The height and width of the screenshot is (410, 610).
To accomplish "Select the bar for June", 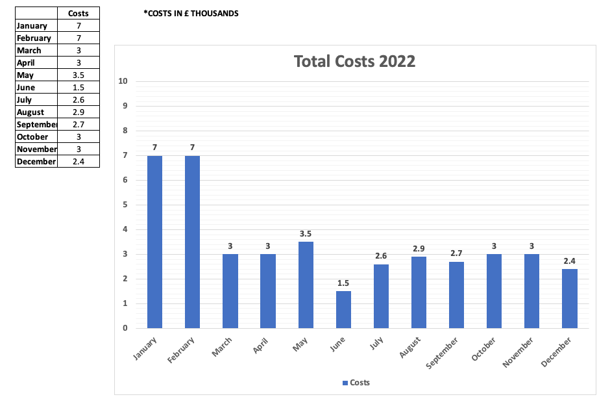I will (x=343, y=309).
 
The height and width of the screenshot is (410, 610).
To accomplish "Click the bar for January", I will (x=154, y=242).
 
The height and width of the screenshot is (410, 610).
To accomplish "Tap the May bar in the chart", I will (x=306, y=285).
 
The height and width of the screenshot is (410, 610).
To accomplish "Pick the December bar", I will (x=570, y=298).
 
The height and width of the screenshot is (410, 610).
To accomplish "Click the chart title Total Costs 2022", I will (x=354, y=62).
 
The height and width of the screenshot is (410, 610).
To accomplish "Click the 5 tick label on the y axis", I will (x=125, y=205).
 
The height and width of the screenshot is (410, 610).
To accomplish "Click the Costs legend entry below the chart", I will (x=356, y=383).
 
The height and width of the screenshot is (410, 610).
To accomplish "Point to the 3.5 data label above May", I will (x=306, y=233).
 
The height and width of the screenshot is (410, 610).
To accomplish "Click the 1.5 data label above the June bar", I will (x=343, y=283).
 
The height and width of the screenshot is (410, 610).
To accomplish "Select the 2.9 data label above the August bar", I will (x=419, y=248).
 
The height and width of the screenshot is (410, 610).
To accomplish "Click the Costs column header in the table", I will (x=79, y=13).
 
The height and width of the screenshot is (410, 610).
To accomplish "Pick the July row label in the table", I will (x=26, y=100).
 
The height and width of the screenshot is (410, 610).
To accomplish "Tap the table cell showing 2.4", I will (x=79, y=162).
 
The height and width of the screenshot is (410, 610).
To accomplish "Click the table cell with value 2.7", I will (x=79, y=125).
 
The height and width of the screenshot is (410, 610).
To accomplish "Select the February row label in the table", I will (x=34, y=38).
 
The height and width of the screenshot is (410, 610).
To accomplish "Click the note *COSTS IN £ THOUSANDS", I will (x=191, y=14).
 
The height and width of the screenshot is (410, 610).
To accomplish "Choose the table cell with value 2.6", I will (x=79, y=100).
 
